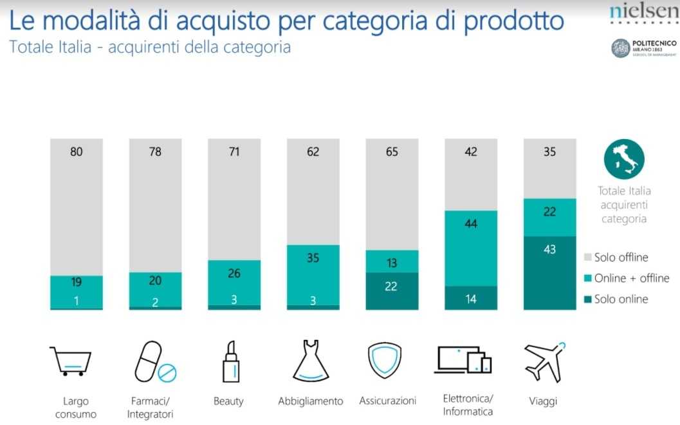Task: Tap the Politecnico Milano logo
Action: click(x=643, y=48)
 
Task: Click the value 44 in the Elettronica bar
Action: click(x=471, y=223)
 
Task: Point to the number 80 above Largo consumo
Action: click(x=76, y=153)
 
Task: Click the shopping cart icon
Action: click(x=70, y=361)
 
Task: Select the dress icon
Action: click(x=311, y=361)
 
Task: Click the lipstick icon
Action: click(x=231, y=361)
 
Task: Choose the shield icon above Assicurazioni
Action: click(x=385, y=361)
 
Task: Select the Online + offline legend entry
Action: click(x=625, y=278)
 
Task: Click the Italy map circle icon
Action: click(x=623, y=161)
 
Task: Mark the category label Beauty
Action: click(x=228, y=401)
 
